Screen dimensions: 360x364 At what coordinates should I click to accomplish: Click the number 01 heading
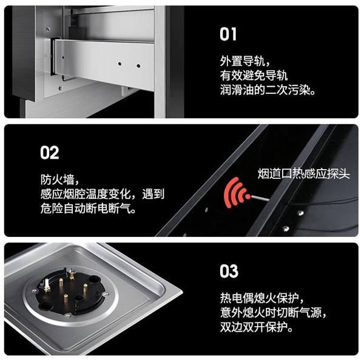tap(228, 35)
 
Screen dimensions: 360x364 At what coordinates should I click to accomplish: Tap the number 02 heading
tap(50, 153)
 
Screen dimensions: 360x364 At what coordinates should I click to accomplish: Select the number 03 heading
tap(229, 270)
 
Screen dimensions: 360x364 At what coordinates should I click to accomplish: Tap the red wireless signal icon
tap(237, 192)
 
